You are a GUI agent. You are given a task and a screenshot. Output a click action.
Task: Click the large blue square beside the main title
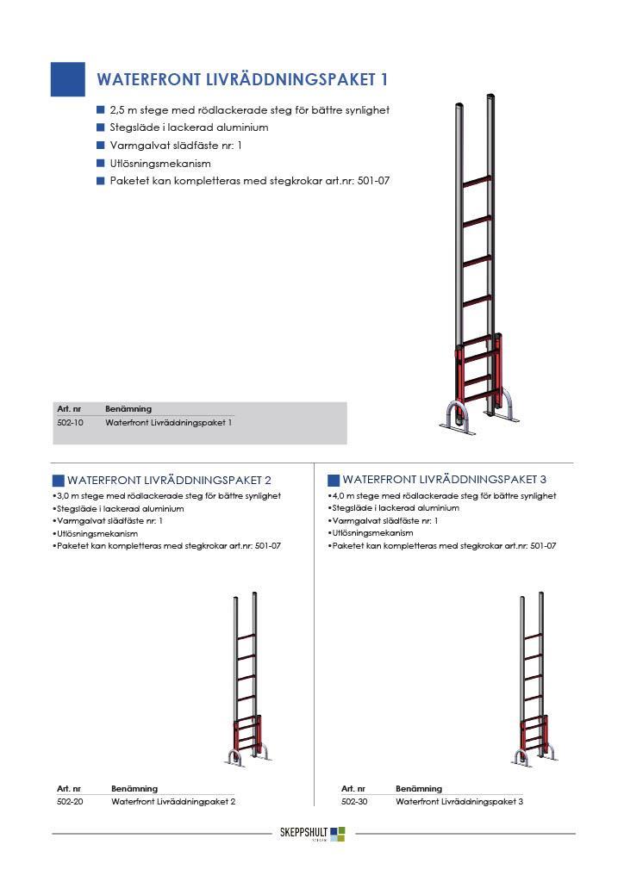pos(68,79)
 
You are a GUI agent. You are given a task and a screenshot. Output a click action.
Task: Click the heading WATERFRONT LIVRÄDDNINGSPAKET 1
pos(242,80)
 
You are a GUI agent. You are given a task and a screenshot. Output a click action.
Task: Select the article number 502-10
pos(70,423)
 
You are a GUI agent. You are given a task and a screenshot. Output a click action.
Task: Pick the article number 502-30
pos(354,801)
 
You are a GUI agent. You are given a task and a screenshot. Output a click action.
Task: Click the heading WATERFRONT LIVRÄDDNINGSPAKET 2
pos(170,480)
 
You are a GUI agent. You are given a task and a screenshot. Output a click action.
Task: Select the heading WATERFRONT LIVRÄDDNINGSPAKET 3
pos(445,479)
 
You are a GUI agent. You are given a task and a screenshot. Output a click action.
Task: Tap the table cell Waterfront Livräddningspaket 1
pos(169,423)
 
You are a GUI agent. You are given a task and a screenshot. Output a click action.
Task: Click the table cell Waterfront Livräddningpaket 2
pos(173,801)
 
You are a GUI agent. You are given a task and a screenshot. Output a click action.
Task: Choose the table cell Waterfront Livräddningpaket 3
pos(459,801)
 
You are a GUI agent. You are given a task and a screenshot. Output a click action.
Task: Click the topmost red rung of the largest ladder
pos(476,182)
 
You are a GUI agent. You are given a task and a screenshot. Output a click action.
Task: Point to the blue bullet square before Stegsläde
pos(100,127)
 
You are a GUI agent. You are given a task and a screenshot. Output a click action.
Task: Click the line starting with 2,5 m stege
pos(250,110)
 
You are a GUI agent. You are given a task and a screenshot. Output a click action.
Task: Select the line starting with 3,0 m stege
pos(169,496)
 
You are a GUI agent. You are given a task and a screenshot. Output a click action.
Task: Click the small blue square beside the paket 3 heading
pos(334,480)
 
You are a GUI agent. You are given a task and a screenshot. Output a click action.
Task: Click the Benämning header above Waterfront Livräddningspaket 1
pos(128,409)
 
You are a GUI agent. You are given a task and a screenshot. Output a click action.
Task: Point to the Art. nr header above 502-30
pos(353,788)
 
